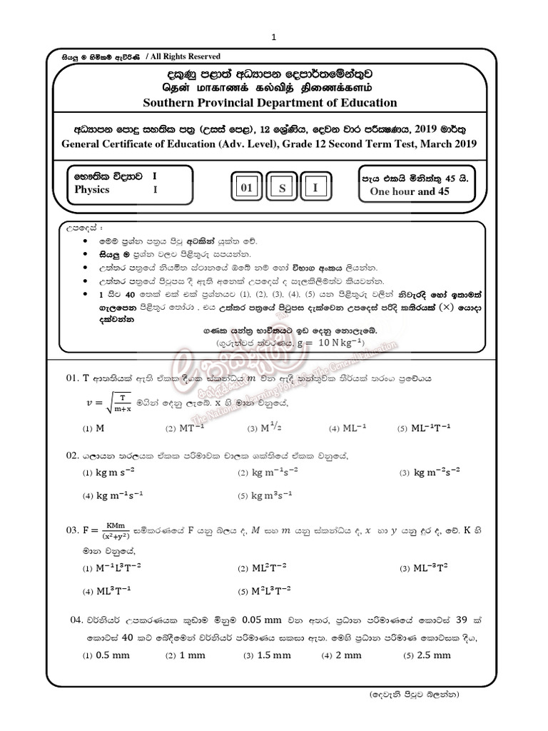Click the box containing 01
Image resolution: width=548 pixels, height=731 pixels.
click(x=246, y=188)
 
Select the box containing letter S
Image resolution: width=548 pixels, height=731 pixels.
click(x=282, y=188)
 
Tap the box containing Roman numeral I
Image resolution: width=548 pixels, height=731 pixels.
click(x=315, y=188)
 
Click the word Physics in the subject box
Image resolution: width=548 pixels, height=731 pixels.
click(x=92, y=190)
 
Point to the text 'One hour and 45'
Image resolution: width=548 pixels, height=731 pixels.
click(x=409, y=191)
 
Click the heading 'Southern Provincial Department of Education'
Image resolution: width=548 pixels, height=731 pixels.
click(x=270, y=102)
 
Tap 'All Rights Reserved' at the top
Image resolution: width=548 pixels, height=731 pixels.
click(x=183, y=56)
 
